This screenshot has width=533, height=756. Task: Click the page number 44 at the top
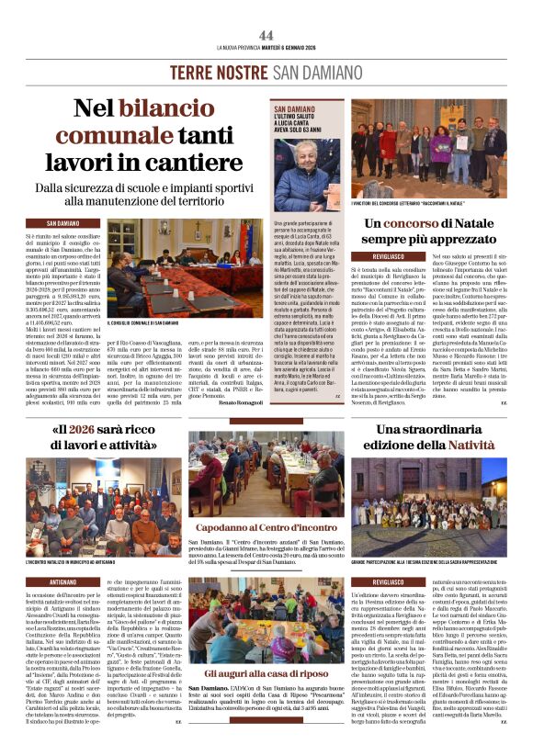(266, 35)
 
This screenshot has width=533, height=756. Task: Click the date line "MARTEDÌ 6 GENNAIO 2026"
(294, 47)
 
